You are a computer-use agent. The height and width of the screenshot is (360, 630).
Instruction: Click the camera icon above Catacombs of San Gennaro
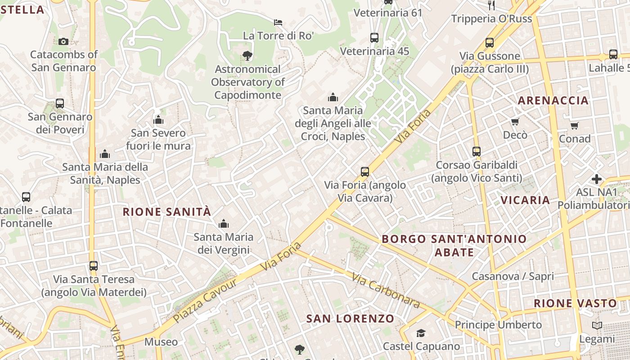63,41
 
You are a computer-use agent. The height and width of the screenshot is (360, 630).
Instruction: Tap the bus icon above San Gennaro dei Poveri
60,103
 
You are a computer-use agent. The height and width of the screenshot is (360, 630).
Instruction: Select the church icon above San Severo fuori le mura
158,120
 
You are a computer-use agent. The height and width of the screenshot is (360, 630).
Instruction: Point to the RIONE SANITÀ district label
167,211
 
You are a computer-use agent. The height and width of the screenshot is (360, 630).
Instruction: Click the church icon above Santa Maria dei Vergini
224,224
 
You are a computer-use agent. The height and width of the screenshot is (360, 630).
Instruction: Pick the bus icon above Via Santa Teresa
94,265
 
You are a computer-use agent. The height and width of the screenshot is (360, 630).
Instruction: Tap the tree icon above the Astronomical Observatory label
247,56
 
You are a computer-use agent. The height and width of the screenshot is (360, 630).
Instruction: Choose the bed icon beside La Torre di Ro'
279,22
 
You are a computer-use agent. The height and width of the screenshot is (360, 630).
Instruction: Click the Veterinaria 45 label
374,51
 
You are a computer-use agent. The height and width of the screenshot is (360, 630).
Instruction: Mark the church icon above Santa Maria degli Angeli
333,97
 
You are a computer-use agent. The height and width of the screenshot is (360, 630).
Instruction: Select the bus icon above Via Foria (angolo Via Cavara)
365,171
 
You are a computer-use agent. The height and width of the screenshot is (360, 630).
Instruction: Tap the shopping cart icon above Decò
515,121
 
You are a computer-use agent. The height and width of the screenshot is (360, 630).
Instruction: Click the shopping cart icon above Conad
575,126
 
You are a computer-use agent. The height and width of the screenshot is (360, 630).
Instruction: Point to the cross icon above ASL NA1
597,179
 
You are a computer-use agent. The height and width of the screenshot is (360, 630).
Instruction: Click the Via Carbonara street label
387,291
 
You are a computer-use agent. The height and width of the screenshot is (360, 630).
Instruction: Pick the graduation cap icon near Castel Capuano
421,333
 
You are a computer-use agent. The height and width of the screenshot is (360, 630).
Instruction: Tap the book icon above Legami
597,325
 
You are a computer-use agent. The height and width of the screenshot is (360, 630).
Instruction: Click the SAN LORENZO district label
350,319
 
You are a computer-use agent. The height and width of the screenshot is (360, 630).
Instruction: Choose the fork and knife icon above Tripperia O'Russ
491,5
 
